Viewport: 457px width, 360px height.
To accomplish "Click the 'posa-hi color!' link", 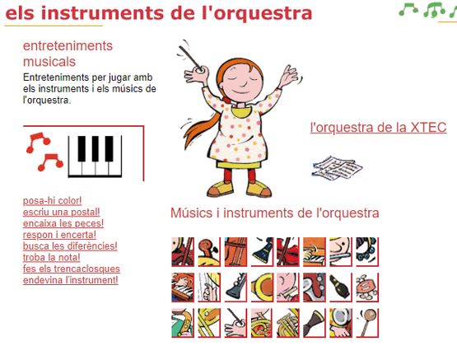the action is (x=52, y=201).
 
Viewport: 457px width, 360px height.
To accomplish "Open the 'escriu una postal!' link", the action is (x=61, y=213).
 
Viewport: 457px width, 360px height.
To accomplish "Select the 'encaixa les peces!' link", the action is (x=63, y=223).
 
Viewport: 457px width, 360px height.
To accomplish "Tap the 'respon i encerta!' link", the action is (x=59, y=235).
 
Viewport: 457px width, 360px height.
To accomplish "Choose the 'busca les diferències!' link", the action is (x=70, y=246).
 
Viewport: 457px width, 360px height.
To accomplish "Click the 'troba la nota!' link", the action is (x=51, y=258).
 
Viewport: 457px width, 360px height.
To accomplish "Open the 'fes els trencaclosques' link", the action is (x=72, y=269).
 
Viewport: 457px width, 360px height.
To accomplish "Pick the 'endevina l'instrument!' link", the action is (x=71, y=280).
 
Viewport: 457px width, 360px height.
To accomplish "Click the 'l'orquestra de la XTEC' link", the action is (x=378, y=128).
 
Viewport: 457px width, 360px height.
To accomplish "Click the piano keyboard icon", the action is (x=95, y=157).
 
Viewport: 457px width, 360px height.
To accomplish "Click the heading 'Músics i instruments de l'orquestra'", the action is (x=274, y=213).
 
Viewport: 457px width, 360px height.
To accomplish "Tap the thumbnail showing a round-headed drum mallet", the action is (x=367, y=323).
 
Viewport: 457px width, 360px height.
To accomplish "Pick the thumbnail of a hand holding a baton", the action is (x=235, y=323).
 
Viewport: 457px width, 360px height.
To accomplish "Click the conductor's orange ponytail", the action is (x=201, y=129).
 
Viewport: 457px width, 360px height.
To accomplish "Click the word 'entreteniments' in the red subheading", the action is (x=68, y=46).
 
